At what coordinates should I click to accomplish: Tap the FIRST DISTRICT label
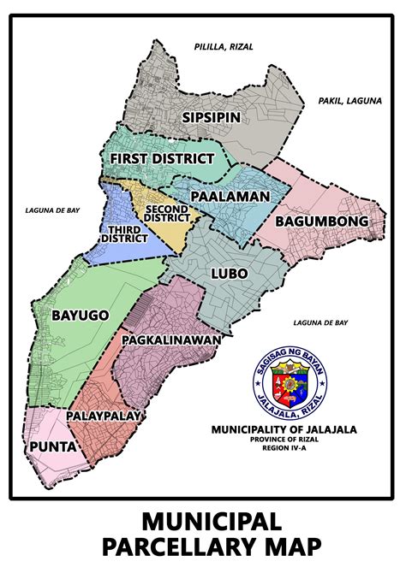(160, 159)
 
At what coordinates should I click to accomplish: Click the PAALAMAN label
(230, 196)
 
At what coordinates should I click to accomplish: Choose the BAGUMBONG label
(321, 222)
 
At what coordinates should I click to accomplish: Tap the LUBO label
(228, 274)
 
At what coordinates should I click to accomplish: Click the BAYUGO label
(80, 315)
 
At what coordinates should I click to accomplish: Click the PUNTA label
(50, 446)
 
